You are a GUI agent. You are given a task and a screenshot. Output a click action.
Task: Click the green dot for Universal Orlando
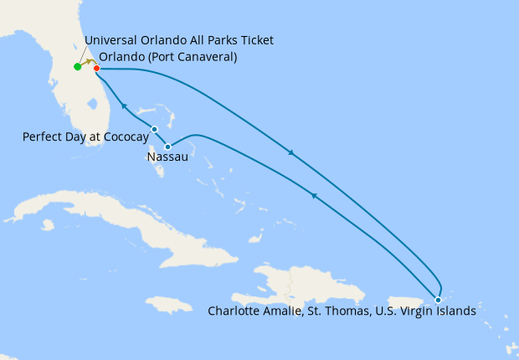click(x=77, y=67)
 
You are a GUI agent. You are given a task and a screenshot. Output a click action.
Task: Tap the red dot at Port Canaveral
click(x=97, y=68)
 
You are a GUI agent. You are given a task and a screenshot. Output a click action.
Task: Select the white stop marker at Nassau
click(x=168, y=147)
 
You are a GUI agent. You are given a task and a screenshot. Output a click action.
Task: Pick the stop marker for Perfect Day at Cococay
click(x=154, y=129)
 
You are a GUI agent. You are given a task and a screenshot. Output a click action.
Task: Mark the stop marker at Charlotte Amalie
click(x=438, y=299)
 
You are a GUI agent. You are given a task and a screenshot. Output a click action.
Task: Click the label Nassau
click(x=167, y=157)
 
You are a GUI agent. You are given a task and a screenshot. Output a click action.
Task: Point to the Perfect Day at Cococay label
click(x=86, y=136)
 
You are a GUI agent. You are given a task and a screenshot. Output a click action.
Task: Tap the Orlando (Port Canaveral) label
click(x=167, y=57)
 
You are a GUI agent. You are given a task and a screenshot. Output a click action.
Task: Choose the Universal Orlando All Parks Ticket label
click(x=179, y=40)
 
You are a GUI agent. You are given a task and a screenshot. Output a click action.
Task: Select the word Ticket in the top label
click(x=254, y=40)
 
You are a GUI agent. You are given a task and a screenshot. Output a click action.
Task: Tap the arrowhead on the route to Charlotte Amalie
click(x=290, y=152)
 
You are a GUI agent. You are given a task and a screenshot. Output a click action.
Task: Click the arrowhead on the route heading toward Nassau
click(x=313, y=194)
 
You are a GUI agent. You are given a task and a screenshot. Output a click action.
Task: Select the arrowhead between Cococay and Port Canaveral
click(x=124, y=105)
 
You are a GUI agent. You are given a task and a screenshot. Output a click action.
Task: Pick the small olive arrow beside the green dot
click(x=88, y=62)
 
